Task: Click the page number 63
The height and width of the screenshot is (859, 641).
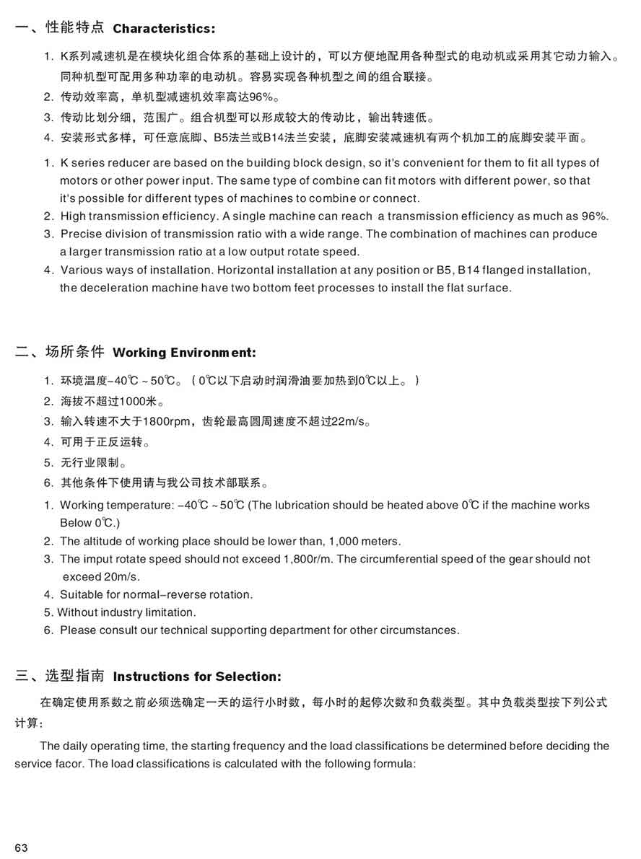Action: pos(21,847)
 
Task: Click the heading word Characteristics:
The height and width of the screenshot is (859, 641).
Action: pos(164,29)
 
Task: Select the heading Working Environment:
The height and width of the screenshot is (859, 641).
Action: pos(184,353)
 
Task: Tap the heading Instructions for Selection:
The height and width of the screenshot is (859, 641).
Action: pos(197,677)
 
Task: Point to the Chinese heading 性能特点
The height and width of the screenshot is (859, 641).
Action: pos(75,28)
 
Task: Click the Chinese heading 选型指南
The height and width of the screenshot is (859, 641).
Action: pos(75,676)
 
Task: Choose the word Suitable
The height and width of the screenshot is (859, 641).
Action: pos(82,594)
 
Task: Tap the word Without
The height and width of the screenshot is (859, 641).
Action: pos(76,612)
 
